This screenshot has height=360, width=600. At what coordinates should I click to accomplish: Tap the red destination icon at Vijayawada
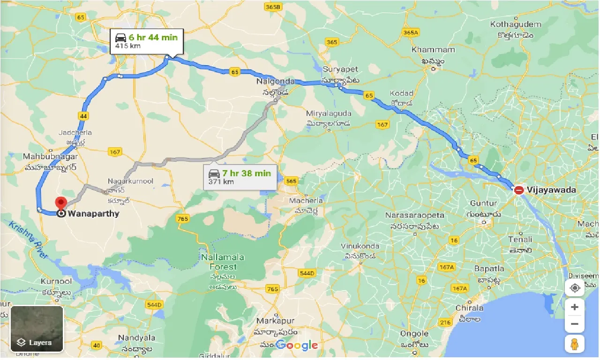click(519, 190)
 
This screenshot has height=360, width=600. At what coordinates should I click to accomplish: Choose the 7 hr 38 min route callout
click(240, 177)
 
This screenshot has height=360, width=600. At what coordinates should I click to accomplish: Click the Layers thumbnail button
click(37, 329)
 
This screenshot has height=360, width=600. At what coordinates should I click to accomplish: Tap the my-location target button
click(575, 287)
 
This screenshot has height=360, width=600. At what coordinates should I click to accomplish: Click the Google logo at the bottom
click(296, 346)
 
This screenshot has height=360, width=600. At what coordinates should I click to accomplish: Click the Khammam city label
click(433, 50)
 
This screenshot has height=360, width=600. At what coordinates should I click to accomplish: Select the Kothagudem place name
click(516, 24)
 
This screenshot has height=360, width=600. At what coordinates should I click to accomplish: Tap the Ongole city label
click(414, 334)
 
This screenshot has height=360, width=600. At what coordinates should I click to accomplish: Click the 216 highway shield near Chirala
click(445, 322)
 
